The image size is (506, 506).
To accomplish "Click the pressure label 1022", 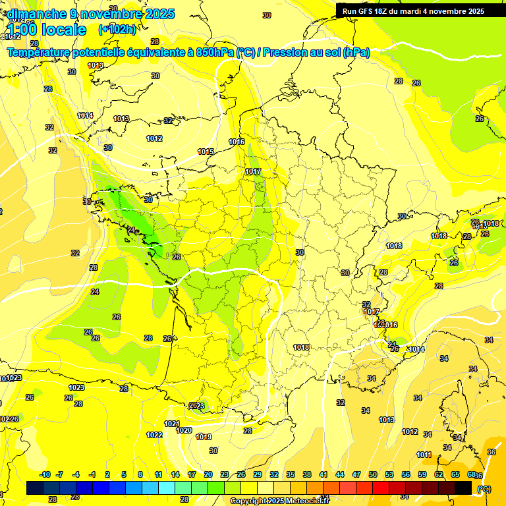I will tap(155, 435).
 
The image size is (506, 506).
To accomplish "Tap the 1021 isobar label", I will tap(172, 424).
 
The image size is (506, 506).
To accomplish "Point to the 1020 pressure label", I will tap(184, 430).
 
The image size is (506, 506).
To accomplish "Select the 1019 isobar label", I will tap(204, 437).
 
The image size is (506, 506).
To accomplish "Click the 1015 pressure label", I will tap(206, 152).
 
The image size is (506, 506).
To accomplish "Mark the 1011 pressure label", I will tap(424, 455).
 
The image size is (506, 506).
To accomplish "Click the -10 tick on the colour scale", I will tap(45, 474).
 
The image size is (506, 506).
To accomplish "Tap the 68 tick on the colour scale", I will tap(472, 474).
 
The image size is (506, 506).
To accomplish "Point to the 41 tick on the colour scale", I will tap(323, 474).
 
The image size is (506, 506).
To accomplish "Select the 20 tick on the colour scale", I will tap(208, 474).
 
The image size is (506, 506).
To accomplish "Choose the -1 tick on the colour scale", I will tap(92, 474).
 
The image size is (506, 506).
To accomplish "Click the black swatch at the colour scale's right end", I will tap(463, 488).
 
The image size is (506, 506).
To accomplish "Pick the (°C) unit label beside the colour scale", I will tap(484, 488).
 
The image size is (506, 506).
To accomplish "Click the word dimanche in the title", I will tap(38, 13).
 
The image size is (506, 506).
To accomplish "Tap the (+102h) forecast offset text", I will tap(117, 29).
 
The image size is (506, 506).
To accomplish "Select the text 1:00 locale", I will tap(47, 30).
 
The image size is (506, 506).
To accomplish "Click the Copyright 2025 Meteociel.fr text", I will tap(279, 501).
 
